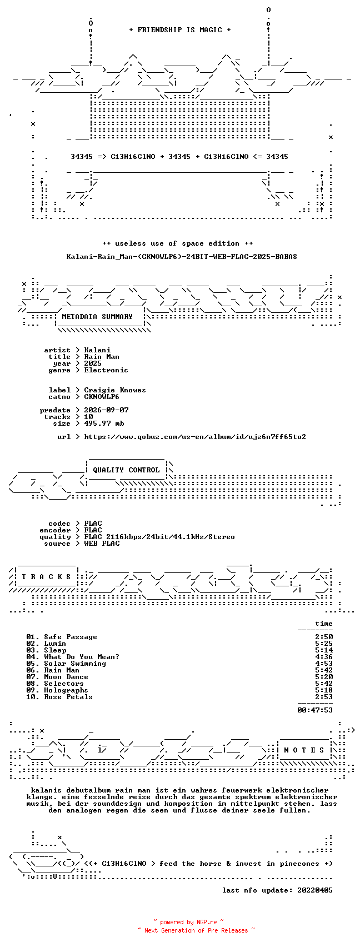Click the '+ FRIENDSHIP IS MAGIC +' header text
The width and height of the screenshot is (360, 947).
pos(180,30)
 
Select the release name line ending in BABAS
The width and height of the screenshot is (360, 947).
pos(182,257)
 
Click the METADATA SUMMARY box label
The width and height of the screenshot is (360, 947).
pos(97,317)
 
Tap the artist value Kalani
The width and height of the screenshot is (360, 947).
pos(97,350)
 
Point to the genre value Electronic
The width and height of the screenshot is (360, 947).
pos(106,370)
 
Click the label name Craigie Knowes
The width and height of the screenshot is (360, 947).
pos(115,390)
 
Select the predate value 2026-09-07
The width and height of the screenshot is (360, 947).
pos(107,410)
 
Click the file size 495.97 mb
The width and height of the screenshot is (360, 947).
pos(104,423)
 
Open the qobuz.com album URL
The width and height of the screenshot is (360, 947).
pos(195,437)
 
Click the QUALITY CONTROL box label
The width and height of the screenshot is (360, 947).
pos(126,470)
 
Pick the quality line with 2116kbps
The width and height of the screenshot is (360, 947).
pos(159,537)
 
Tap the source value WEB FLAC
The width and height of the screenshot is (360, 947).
pos(102,544)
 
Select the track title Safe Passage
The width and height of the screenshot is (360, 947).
pos(71,637)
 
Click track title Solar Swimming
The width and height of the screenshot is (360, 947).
pos(75,664)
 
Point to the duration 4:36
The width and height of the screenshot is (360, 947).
pos(324,657)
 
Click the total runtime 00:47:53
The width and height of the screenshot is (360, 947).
pos(315,710)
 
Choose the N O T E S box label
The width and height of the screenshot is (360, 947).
pos(304,750)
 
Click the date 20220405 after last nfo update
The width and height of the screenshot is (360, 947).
pos(315,890)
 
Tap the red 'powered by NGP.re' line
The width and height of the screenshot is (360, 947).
pos(188,922)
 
